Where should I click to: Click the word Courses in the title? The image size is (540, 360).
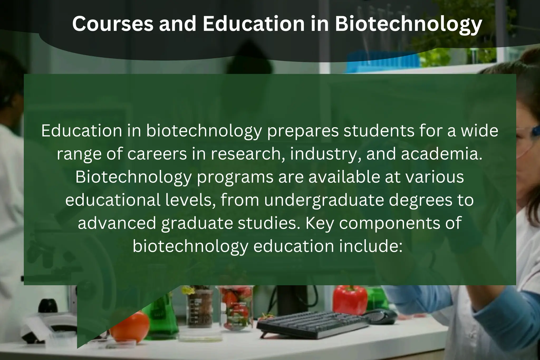pyautogui.click(x=113, y=24)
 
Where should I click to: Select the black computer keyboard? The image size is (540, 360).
pyautogui.click(x=313, y=324)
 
